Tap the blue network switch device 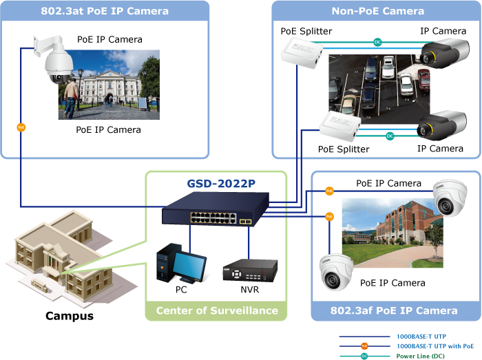[x=211, y=214]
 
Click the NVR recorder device [x=249, y=270]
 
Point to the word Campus [x=69, y=316]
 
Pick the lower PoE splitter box [x=339, y=127]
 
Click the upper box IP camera [x=445, y=53]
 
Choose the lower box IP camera [x=441, y=126]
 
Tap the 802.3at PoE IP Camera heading [x=105, y=11]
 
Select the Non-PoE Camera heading [x=377, y=11]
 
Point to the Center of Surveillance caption [x=216, y=310]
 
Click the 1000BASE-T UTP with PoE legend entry [x=434, y=346]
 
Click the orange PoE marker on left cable [x=21, y=127]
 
